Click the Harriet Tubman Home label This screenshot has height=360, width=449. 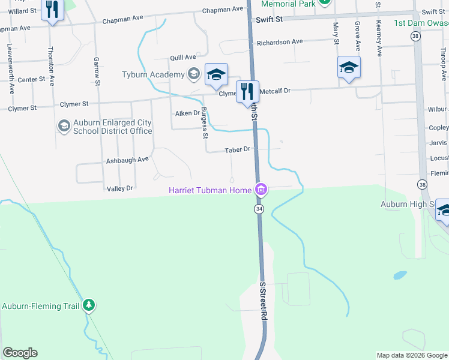209,191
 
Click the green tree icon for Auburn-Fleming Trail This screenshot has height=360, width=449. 89,305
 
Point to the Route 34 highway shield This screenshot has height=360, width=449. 259,209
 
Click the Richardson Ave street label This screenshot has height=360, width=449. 280,42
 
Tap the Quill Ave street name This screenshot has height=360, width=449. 183,58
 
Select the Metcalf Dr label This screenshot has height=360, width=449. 275,91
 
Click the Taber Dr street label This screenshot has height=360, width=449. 237,149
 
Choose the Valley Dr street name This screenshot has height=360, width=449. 119,188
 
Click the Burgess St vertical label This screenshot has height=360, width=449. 205,122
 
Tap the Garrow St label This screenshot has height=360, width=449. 96,70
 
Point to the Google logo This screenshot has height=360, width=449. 20,353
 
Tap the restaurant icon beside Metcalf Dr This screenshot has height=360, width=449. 247,92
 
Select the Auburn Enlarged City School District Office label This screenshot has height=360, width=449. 112,127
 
